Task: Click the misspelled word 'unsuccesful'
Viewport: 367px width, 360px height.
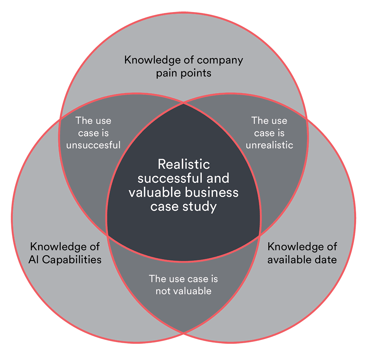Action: coord(93,145)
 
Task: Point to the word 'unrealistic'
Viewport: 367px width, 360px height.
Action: coord(269,145)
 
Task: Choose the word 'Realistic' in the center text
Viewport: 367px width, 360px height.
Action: coord(183,164)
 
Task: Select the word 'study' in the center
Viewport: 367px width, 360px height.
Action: coord(201,206)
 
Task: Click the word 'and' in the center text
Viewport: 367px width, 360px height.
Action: coord(219,178)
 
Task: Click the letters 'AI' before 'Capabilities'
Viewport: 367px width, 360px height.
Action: coord(34,259)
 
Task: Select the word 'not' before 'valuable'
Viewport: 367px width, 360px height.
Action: coord(163,291)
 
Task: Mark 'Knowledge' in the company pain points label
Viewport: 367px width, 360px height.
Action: coord(150,60)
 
